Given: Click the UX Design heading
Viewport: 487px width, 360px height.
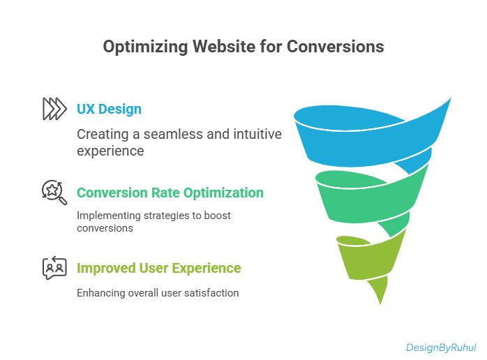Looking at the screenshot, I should point(109,109).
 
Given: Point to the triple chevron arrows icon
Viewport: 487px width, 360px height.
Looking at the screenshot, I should point(54,109).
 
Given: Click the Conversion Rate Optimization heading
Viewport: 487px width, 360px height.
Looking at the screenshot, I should point(170,193).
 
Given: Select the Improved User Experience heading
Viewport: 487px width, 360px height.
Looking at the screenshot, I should point(158,268).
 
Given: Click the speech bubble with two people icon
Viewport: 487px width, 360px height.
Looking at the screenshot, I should point(54,268).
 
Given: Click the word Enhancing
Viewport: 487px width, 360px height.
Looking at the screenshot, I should point(100,293).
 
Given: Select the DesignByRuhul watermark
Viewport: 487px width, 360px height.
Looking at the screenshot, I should point(441,347).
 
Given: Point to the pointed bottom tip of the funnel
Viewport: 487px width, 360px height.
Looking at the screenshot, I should point(380,301).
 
